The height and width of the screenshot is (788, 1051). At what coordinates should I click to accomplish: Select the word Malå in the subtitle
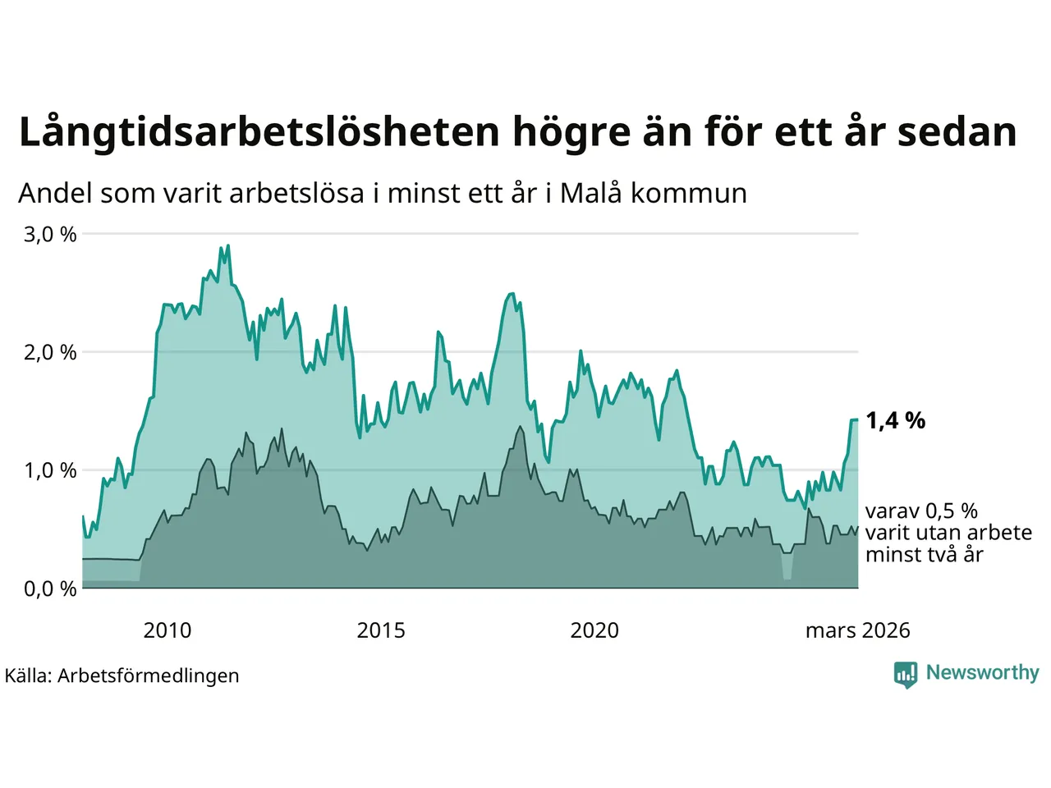591,194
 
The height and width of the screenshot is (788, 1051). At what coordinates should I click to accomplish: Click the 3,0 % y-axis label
50,235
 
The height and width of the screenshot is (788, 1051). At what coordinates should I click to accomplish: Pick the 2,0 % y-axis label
50,353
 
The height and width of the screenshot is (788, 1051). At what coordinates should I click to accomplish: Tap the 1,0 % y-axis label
50,471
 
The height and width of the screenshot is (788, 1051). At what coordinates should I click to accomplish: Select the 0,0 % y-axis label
50,589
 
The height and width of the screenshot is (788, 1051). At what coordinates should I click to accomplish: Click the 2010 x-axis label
167,630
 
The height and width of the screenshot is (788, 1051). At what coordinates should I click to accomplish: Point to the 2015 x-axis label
381,630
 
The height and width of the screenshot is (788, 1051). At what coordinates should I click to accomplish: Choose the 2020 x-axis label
594,630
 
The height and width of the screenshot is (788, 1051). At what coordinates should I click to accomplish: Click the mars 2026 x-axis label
857,630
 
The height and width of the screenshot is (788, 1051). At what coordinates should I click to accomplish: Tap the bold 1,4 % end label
895,421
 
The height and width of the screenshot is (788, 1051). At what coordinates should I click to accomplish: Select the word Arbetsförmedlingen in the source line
149,676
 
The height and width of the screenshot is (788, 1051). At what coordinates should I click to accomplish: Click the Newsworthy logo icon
906,674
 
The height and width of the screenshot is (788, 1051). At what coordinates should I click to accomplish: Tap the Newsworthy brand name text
982,673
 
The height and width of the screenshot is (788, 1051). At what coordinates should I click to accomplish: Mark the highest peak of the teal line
227,245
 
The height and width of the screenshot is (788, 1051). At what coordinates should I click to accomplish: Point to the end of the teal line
857,419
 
